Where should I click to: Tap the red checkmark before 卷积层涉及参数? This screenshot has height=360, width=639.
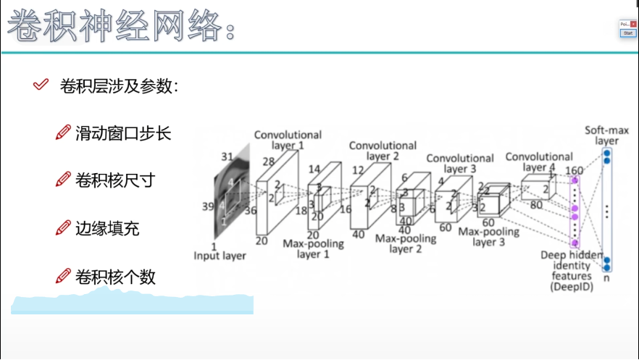tap(41, 85)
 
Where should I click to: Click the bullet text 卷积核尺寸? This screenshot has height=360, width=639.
tap(115, 180)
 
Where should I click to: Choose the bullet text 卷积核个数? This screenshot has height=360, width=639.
tap(115, 277)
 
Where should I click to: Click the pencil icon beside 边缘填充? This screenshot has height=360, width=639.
tap(63, 229)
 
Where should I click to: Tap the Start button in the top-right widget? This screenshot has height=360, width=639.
tap(628, 33)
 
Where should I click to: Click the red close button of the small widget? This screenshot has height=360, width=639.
tap(633, 24)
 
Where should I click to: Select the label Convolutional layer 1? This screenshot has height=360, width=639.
tap(288, 140)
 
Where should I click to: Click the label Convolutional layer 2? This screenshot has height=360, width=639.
tap(383, 151)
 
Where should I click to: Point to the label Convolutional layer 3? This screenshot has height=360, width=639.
tap(459, 164)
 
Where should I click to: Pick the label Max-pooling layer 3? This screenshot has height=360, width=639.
tap(489, 237)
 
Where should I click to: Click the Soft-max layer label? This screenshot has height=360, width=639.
tap(606, 135)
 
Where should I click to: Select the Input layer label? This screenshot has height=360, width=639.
tap(220, 256)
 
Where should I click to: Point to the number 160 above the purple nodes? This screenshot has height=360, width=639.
tap(575, 171)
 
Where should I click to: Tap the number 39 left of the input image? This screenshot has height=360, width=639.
tap(207, 206)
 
